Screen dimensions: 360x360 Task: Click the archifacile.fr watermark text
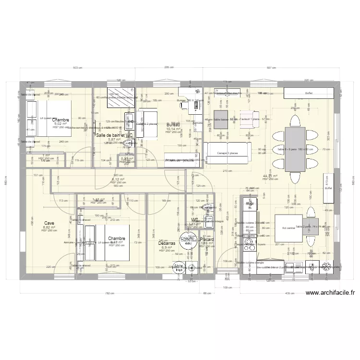(329, 293)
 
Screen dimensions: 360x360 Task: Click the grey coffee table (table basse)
(221, 120)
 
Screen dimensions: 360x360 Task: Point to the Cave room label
(49, 223)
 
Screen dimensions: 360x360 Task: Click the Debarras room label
(167, 243)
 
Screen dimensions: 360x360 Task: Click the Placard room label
(208, 240)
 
